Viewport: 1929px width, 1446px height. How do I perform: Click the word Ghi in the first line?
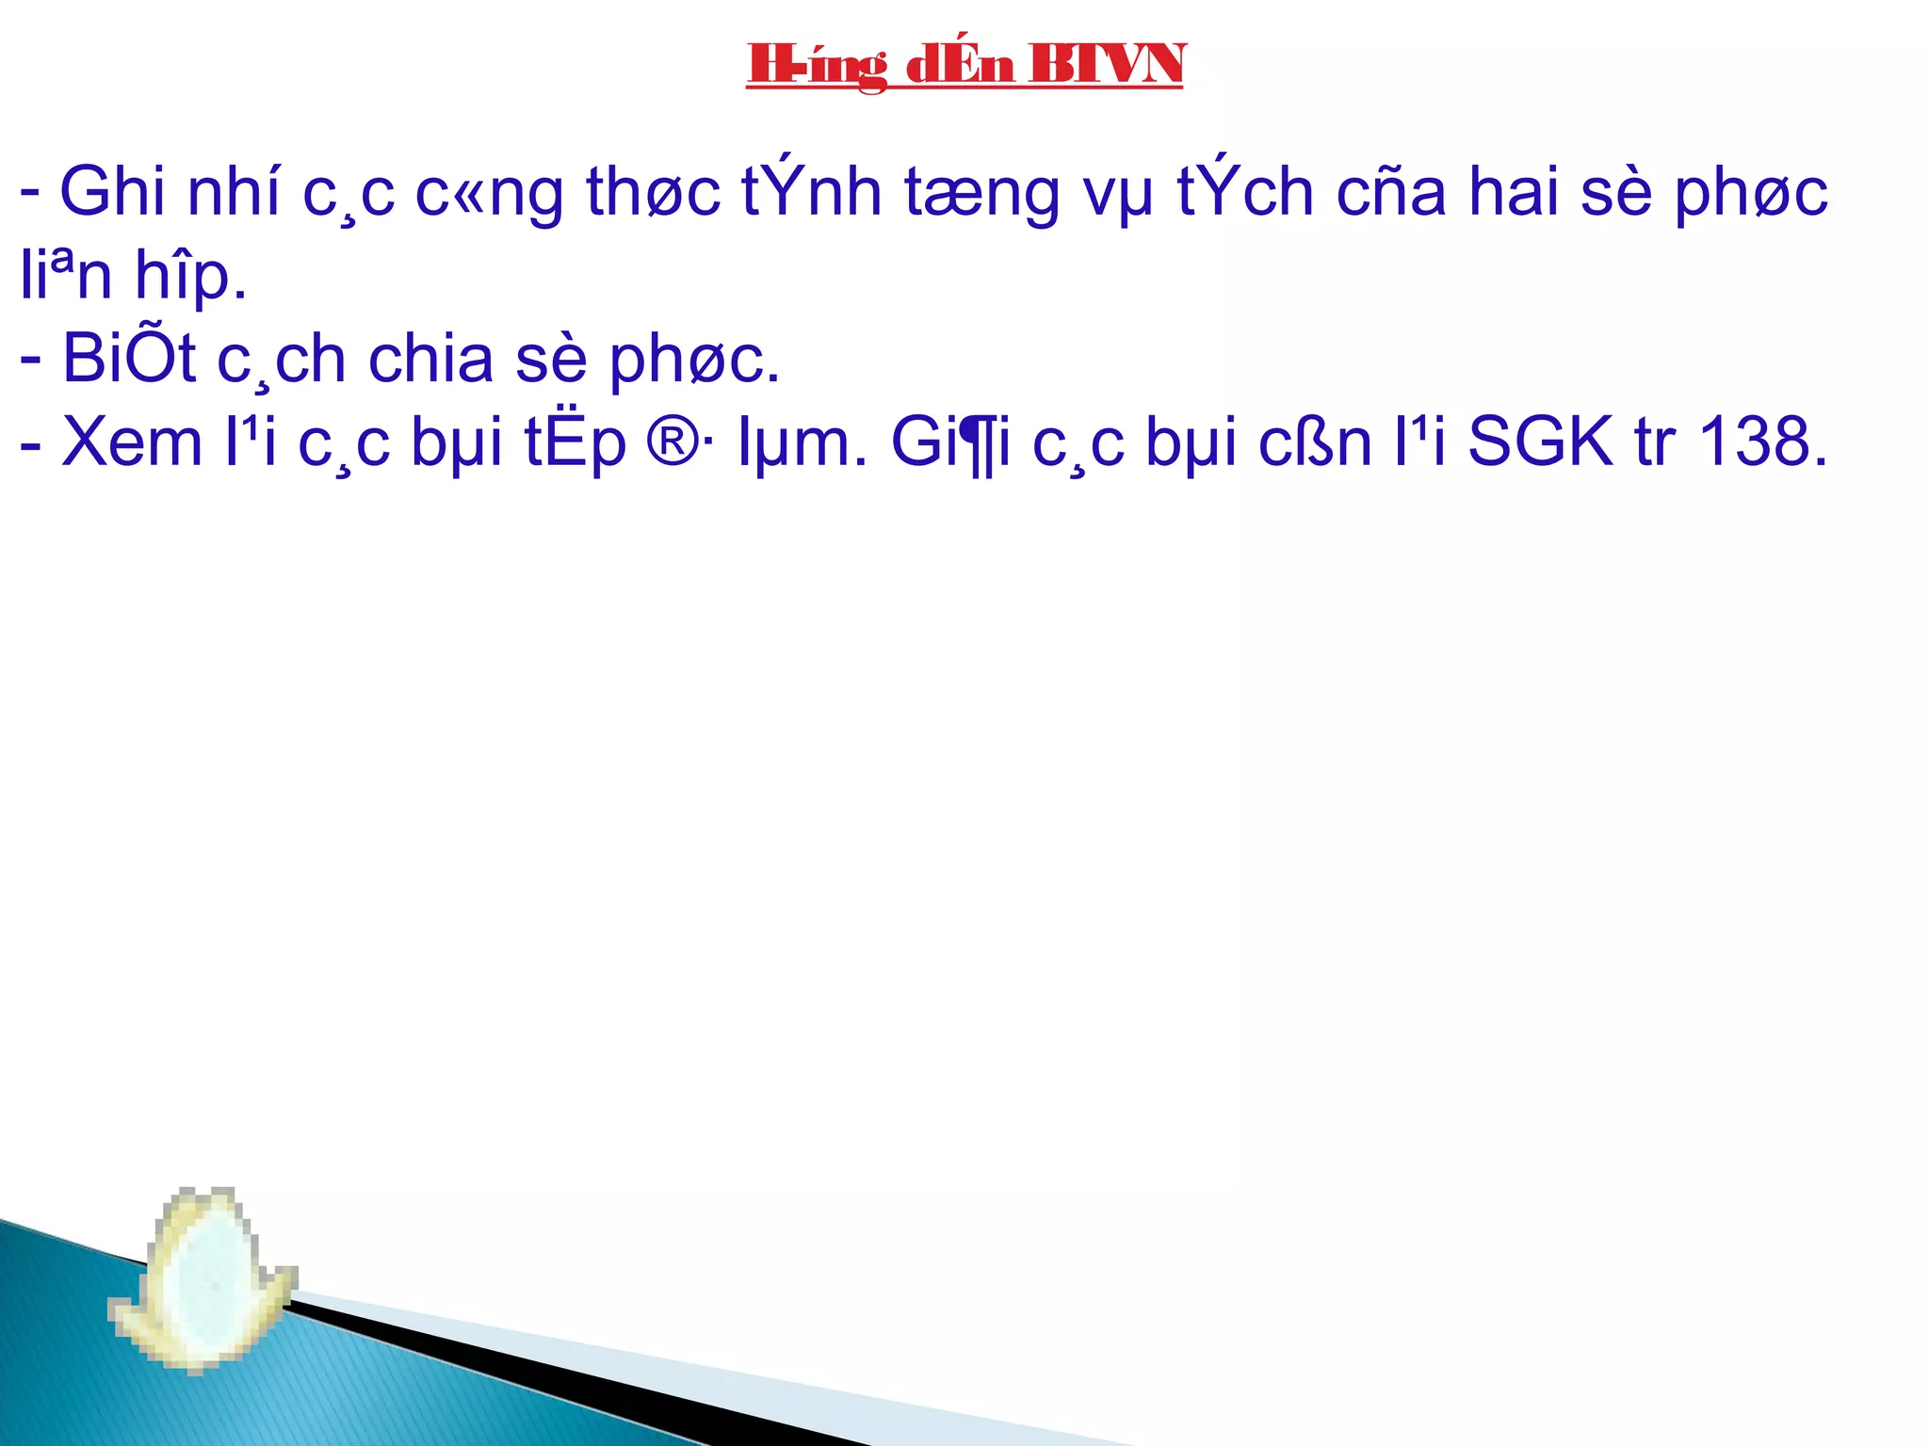[x=112, y=191]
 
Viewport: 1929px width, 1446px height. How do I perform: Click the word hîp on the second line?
[x=191, y=277]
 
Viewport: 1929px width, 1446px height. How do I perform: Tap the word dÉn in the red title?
[x=960, y=65]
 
